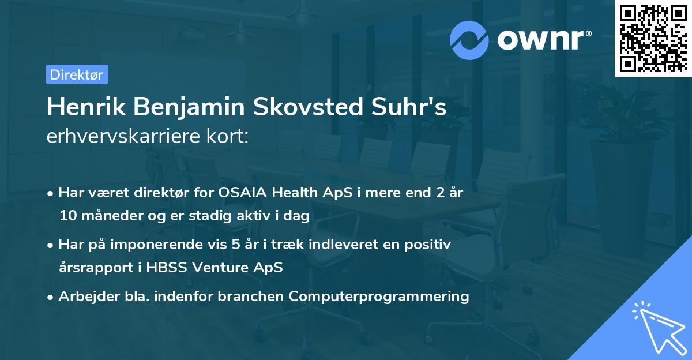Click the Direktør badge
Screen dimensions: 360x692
pos(77,74)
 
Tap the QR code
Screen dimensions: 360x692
pos(653,37)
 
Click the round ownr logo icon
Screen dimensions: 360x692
pos(469,40)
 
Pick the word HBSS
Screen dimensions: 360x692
pos(167,268)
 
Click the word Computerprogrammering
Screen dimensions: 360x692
pos(379,297)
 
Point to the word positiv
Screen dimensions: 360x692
pos(428,245)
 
